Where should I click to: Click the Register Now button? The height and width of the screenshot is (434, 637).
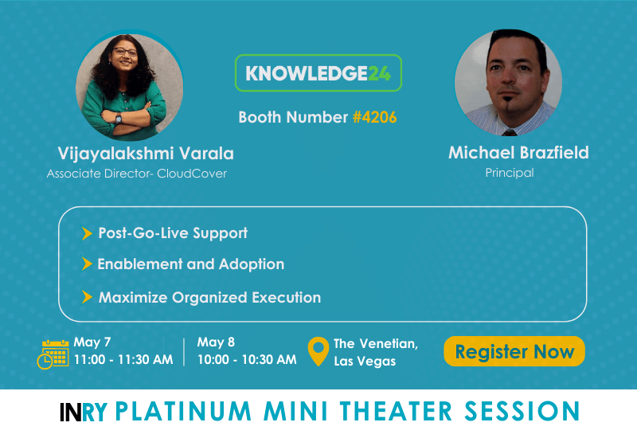point(514,351)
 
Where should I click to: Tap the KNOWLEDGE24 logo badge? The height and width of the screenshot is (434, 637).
point(318,72)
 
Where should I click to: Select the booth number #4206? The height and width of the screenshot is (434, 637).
point(374,117)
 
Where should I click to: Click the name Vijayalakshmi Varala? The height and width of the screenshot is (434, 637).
point(146,154)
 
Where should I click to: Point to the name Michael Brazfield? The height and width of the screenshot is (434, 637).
point(518,153)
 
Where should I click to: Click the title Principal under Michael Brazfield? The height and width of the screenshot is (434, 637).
point(510,173)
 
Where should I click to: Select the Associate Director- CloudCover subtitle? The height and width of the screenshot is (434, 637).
point(137,174)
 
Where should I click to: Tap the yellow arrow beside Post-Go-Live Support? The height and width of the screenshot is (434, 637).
point(87,233)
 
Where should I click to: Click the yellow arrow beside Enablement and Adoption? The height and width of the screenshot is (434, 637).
point(87,264)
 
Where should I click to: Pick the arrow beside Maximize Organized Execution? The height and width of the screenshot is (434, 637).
point(87,297)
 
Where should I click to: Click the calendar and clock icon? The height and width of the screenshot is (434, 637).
point(53,354)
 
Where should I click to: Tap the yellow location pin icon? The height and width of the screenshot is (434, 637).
point(318,351)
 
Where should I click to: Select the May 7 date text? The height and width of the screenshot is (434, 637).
point(92,342)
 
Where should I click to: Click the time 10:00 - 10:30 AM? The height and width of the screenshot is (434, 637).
point(247,360)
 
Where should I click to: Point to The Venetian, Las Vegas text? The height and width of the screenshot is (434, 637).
point(376,352)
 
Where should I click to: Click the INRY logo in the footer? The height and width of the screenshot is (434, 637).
point(84,412)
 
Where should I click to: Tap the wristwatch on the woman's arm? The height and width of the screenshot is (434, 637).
point(118,119)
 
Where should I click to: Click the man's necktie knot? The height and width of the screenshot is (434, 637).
point(509,132)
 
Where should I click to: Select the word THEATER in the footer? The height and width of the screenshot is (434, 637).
point(396,411)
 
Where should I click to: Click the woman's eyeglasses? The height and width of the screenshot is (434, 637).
point(125,52)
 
